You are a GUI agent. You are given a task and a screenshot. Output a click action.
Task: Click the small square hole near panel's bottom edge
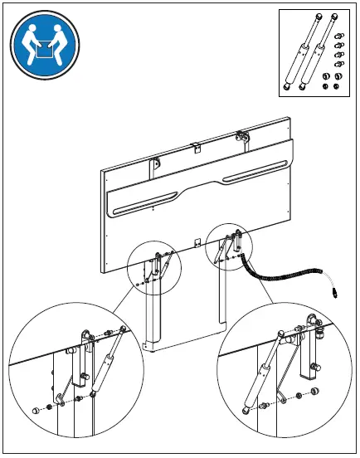click(197, 243)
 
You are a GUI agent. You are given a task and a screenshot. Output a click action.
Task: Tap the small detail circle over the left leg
click(153, 266)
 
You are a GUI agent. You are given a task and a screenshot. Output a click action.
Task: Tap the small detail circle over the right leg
click(227, 246)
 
